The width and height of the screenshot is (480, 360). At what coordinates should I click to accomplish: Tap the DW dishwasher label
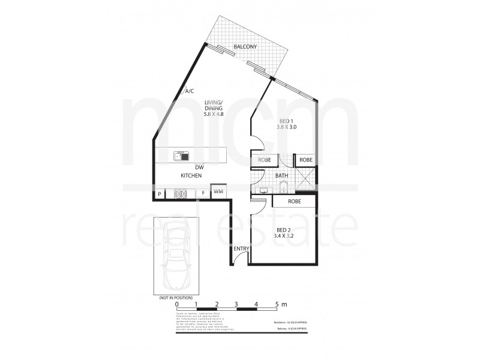[x=199, y=167]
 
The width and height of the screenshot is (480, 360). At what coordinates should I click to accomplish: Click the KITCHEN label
[x=191, y=175]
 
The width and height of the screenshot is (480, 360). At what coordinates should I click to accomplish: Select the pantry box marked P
[x=160, y=194]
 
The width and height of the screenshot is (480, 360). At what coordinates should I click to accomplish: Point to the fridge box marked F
[x=203, y=194]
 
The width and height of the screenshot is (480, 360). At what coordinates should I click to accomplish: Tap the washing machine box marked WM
[x=218, y=191]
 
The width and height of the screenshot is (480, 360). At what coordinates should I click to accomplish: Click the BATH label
[x=282, y=176]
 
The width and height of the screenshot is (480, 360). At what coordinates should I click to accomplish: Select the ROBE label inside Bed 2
[x=294, y=202]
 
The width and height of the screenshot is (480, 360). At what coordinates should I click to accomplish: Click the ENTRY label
[x=242, y=248]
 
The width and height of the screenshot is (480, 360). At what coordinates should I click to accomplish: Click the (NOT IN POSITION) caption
[x=176, y=298]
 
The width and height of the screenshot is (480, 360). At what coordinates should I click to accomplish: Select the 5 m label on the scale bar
[x=281, y=304]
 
